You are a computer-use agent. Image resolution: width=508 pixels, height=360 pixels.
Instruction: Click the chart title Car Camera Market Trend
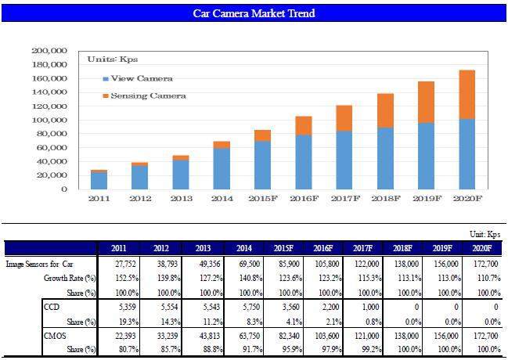pos(254,14)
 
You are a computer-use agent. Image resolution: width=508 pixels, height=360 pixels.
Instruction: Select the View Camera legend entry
pos(141,79)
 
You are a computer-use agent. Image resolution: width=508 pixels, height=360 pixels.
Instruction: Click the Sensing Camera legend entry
pos(147,95)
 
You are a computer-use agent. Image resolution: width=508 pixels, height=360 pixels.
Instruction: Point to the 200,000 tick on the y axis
pos(50,51)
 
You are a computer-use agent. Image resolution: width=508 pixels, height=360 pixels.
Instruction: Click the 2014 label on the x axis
pos(222,200)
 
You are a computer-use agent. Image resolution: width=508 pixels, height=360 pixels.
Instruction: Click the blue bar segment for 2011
pos(99,181)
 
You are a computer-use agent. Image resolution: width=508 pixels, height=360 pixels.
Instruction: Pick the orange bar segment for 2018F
pos(384,110)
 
